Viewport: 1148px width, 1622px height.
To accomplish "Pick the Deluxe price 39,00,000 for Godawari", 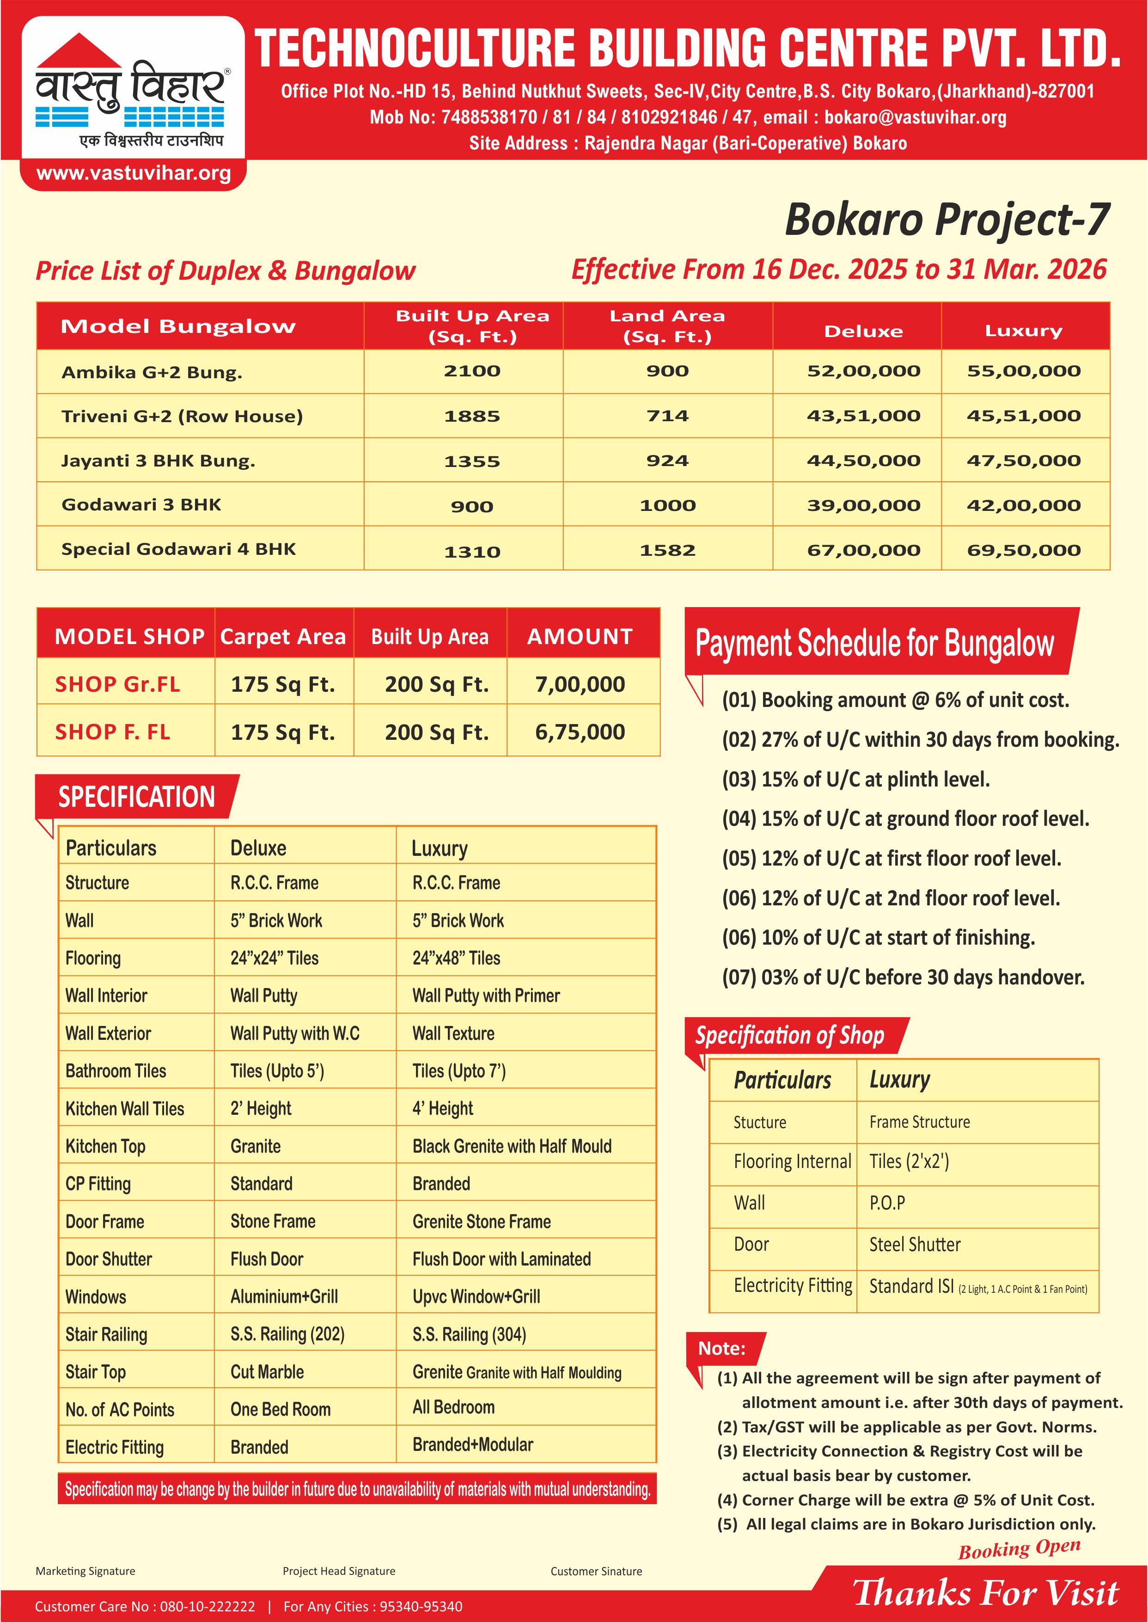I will pos(863,505).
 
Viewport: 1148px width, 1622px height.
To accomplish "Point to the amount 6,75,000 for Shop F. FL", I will pos(580,732).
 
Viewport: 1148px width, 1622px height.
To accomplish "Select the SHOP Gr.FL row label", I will pos(117,684).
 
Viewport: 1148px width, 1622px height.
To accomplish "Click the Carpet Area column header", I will pos(283,636).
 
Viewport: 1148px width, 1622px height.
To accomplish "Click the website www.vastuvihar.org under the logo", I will pos(134,173).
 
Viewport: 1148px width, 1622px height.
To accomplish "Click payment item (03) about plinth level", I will pos(855,779).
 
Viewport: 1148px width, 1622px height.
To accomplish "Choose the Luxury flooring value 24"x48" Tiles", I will pos(456,958).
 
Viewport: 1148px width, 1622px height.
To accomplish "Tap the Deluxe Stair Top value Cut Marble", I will pos(267,1372).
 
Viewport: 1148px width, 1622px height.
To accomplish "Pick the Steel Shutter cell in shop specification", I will pos(915,1244).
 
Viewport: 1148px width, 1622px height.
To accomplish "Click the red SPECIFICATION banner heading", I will pos(136,797).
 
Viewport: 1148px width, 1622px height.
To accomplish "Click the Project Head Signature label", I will pos(339,1571).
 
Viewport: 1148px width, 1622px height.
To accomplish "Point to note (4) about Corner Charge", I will pos(905,1499).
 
